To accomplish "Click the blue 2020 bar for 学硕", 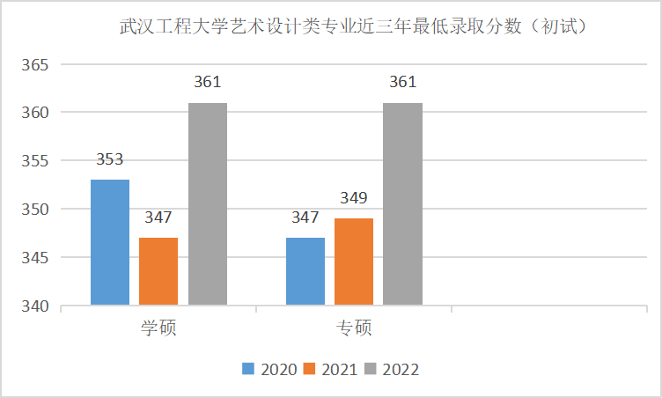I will coord(110,242).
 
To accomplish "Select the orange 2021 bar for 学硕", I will coord(158,271).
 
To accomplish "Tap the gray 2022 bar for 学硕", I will coord(208,204).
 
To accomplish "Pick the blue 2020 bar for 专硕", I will coord(305,271).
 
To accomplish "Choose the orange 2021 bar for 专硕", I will coord(354,262).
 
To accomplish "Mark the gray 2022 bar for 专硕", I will coord(402,204).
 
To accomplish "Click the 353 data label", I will coord(110,159).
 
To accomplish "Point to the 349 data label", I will coord(354,198).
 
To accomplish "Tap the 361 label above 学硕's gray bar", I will coord(208,83).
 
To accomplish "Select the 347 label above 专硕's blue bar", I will coord(305,217).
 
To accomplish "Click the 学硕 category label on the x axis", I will coord(158,328).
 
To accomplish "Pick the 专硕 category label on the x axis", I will coord(354,328).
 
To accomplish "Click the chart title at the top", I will coord(352,27).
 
